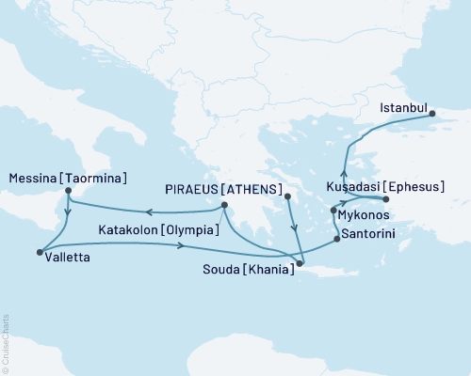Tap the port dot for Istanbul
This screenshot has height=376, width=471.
click(434, 117)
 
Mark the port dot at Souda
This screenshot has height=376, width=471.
click(300, 264)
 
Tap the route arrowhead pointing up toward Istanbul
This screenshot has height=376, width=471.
click(343, 172)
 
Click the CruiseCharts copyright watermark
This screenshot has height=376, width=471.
click(7, 339)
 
